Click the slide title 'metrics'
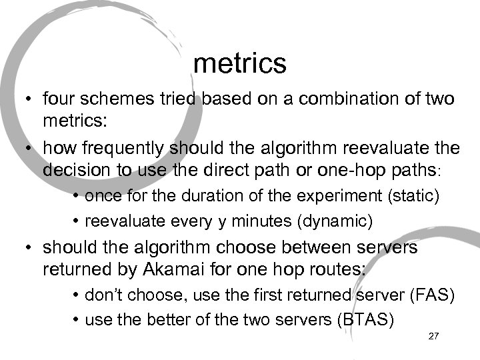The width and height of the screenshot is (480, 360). coord(239,63)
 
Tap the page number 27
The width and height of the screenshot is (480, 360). coord(433,336)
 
